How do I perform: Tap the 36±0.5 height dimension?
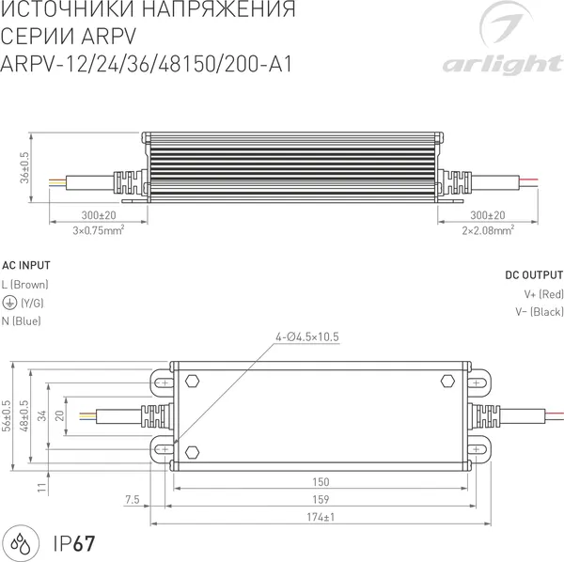[25, 168]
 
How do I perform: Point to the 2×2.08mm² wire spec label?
[487, 228]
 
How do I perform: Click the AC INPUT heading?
[26, 266]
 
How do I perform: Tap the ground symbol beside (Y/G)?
[9, 303]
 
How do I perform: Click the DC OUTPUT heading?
[533, 275]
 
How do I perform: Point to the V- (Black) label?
[539, 312]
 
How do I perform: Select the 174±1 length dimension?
[321, 518]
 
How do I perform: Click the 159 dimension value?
[321, 500]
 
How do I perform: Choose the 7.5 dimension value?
[131, 500]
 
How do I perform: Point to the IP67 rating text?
[73, 542]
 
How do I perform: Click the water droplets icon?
[23, 542]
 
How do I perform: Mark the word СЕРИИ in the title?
[36, 39]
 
